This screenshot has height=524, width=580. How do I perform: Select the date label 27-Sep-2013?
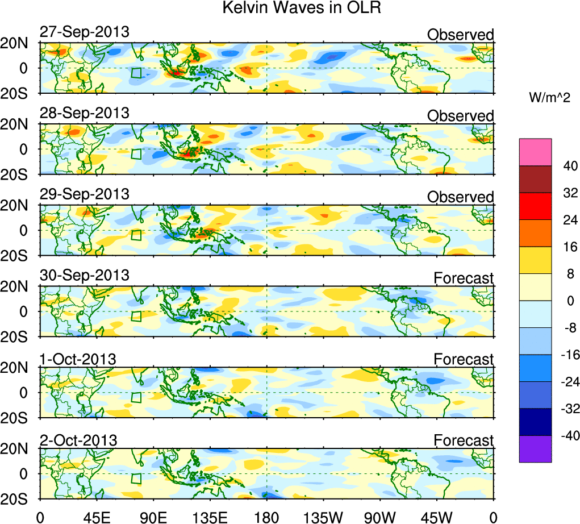[x=85, y=32]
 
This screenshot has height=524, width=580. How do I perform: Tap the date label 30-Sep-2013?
[x=85, y=276]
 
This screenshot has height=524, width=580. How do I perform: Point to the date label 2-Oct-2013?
[x=78, y=440]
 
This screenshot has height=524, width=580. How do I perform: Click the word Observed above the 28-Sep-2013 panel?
[x=461, y=116]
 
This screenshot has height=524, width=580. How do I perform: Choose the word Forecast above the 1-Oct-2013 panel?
[x=464, y=359]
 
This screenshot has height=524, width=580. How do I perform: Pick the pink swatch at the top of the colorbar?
[x=535, y=152]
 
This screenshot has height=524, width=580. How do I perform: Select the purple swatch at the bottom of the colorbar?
[x=535, y=449]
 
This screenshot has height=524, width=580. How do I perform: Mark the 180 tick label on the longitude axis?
[x=267, y=517]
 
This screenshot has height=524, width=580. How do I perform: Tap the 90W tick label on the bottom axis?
[x=380, y=517]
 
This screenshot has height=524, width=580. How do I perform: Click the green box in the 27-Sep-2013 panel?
[x=136, y=73]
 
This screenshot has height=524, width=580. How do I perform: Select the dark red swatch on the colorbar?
[x=535, y=179]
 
